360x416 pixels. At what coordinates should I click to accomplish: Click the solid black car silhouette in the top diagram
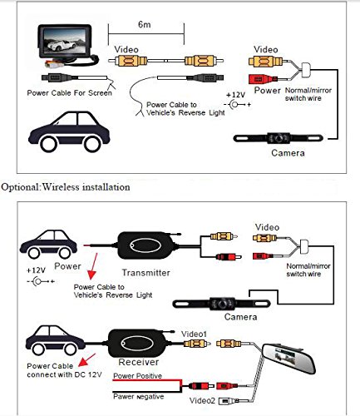58,134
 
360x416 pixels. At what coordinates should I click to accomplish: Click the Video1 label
196,333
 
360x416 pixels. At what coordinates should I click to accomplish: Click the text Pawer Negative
138,396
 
